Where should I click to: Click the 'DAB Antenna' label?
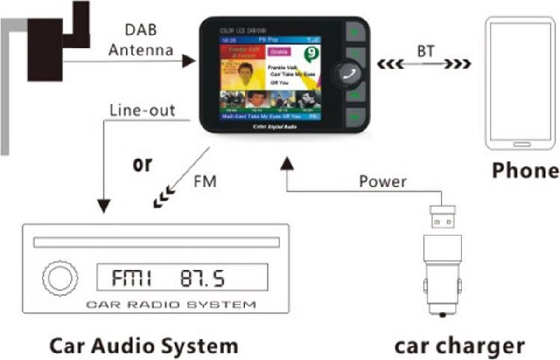tap(140, 40)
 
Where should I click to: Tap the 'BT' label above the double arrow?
tap(425, 51)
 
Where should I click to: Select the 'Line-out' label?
tap(142, 111)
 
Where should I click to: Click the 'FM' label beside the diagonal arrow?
tap(205, 181)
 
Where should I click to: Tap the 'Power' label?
tap(383, 181)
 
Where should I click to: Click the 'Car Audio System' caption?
tap(144, 346)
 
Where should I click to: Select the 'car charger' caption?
tap(459, 346)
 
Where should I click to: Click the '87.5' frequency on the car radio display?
tap(202, 278)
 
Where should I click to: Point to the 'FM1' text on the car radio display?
tap(132, 278)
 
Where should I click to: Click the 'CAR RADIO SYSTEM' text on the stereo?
tap(171, 305)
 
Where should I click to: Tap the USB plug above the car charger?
tap(442, 215)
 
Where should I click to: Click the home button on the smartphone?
tap(521, 145)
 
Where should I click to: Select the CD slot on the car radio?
tap(156, 242)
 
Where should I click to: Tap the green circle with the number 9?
tap(308, 54)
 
